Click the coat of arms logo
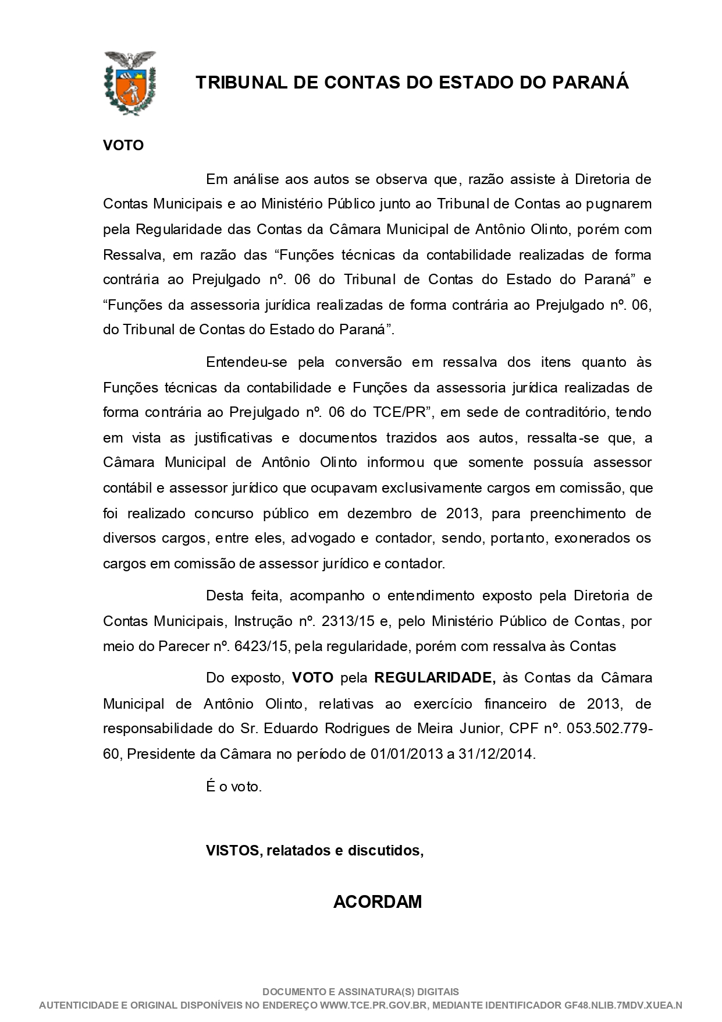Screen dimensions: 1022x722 [129, 82]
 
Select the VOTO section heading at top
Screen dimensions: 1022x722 [123, 145]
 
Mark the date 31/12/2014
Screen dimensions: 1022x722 [496, 754]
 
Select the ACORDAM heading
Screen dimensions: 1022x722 [378, 902]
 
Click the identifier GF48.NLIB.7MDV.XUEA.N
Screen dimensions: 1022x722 [623, 1006]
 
